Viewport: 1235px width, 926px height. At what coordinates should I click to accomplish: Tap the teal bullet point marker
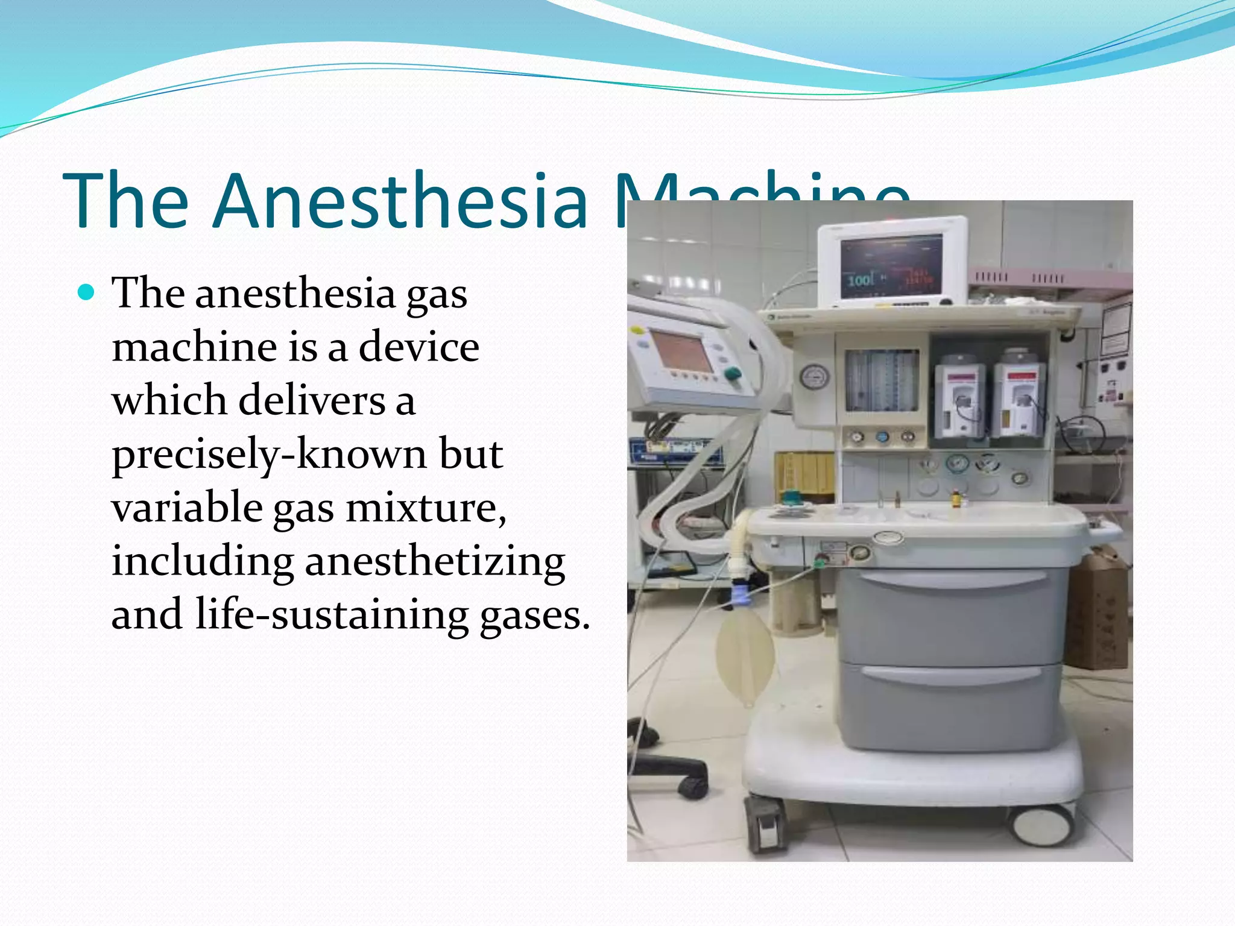[x=87, y=293]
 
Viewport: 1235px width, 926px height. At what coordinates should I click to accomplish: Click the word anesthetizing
[x=435, y=561]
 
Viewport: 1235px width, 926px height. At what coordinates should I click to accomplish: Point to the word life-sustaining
[x=332, y=614]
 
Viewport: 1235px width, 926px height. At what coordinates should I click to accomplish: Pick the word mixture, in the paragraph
[x=426, y=508]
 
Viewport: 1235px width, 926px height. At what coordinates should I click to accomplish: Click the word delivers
[x=312, y=400]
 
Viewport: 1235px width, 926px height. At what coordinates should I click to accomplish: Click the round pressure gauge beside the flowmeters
[x=814, y=377]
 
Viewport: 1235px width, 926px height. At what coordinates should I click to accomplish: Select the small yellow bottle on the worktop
[x=956, y=500]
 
